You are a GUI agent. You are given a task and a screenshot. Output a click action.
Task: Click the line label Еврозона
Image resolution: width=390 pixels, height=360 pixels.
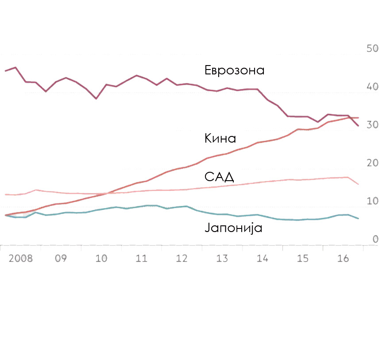pos(234,70)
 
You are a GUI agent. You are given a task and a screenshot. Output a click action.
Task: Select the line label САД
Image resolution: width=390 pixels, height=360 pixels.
pos(219,177)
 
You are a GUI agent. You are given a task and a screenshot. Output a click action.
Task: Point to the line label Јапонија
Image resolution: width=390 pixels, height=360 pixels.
pos(234,228)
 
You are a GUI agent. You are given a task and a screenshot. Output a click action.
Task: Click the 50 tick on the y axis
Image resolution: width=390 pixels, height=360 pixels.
pos(372,48)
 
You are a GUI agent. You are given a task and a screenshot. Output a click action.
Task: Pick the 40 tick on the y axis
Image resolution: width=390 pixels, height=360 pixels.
pos(372,86)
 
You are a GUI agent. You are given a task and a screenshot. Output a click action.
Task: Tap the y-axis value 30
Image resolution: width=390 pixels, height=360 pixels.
pos(372,125)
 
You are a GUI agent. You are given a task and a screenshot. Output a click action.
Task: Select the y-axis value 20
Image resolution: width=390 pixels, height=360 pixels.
pos(372,163)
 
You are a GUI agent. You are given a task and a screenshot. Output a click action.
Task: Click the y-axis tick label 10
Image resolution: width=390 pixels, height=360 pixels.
pos(372,201)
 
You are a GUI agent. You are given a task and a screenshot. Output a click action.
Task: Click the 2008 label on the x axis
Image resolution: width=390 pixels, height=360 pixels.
pos(21,258)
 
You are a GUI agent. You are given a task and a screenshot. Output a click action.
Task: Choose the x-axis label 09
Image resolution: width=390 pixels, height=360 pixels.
pos(61,258)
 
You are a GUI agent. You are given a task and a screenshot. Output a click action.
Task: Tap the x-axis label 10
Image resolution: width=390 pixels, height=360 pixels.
pos(101,258)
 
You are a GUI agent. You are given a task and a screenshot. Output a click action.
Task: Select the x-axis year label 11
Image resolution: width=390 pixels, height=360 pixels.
pos(141,258)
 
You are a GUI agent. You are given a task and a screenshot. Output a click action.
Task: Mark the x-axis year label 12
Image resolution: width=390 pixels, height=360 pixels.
pos(181,258)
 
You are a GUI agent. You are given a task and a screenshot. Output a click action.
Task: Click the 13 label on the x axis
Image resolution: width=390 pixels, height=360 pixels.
pos(222,258)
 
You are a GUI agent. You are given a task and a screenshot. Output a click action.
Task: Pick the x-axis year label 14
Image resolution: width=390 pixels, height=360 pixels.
pos(262,258)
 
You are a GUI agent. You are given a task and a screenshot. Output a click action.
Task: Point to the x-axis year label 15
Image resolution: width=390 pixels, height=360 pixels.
pos(302,258)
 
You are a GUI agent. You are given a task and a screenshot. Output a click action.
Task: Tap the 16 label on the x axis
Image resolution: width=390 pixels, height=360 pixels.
pos(343,258)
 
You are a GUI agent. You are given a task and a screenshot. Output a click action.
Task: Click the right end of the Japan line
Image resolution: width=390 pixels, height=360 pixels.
pos(358,218)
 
